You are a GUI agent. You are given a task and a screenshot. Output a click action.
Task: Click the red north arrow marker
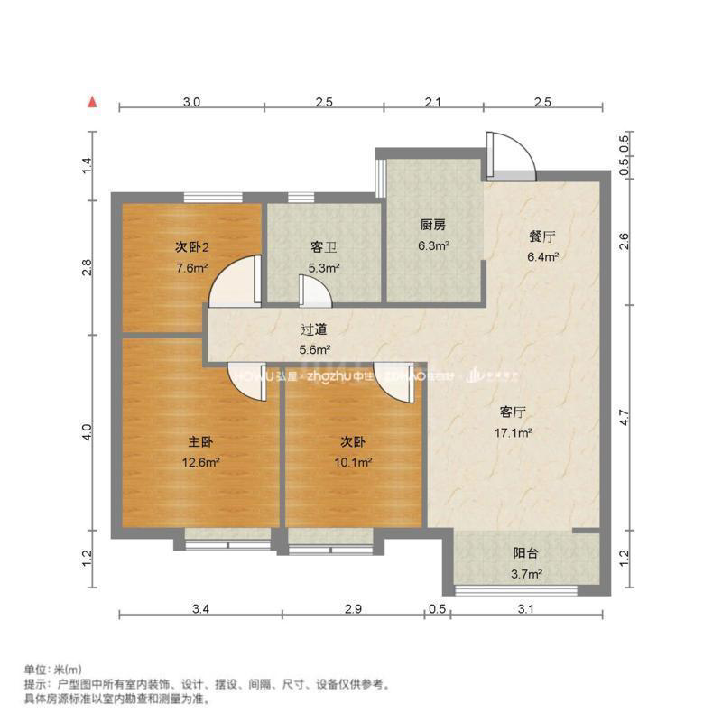tap(93, 102)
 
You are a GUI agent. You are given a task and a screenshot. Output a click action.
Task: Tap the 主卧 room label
tap(199, 442)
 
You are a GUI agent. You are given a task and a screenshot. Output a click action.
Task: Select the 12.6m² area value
tap(199, 463)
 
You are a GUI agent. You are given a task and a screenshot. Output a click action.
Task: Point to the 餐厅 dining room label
tap(541, 236)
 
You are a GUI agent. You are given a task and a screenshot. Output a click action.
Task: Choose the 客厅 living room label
tap(513, 412)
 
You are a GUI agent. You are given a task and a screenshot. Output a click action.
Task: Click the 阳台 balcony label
tap(527, 553)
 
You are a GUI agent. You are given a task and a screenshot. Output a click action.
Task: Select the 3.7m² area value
tap(527, 574)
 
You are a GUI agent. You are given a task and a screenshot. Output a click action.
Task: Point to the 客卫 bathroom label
tap(323, 246)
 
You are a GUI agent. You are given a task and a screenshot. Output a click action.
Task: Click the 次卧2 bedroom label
tap(191, 246)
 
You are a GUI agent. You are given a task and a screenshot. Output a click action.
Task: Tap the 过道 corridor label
tap(314, 329)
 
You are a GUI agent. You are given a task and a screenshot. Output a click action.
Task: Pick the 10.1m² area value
tap(355, 463)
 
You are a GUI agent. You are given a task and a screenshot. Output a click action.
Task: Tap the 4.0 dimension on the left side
tap(88, 432)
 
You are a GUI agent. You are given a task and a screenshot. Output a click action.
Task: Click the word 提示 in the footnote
tap(33, 684)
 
